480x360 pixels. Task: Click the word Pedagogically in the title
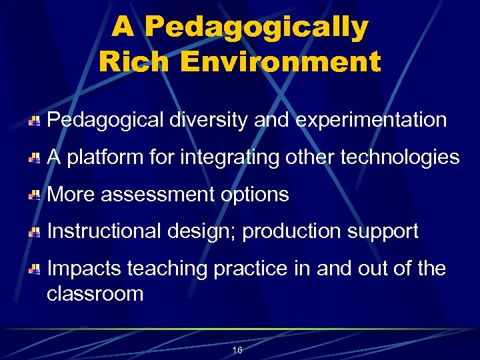tap(256, 28)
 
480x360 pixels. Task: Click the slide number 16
tap(237, 350)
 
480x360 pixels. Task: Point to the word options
tap(256, 195)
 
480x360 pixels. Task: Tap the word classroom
tap(95, 293)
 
